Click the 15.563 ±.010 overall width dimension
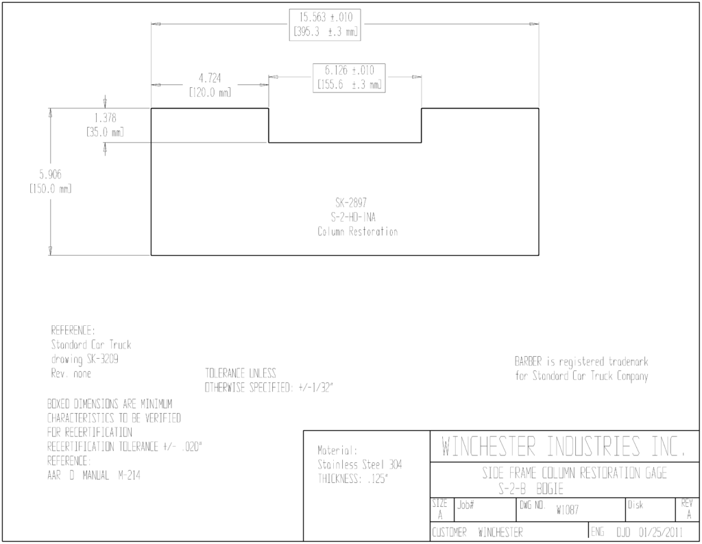[326, 17]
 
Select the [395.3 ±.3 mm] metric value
[326, 32]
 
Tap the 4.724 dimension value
[210, 78]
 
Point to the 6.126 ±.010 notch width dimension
[349, 71]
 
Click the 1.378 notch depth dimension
[105, 118]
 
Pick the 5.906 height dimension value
[50, 174]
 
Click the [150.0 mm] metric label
[50, 189]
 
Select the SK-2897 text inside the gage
[351, 202]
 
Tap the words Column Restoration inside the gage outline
[358, 232]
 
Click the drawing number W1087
[568, 510]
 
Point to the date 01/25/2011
[661, 532]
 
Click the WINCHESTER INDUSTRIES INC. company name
[564, 447]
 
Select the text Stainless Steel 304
[359, 464]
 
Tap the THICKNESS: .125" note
[353, 479]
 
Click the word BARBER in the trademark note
[529, 361]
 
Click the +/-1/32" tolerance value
[315, 388]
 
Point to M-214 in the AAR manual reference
[130, 475]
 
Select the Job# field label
[465, 505]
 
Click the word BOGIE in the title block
[550, 489]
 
